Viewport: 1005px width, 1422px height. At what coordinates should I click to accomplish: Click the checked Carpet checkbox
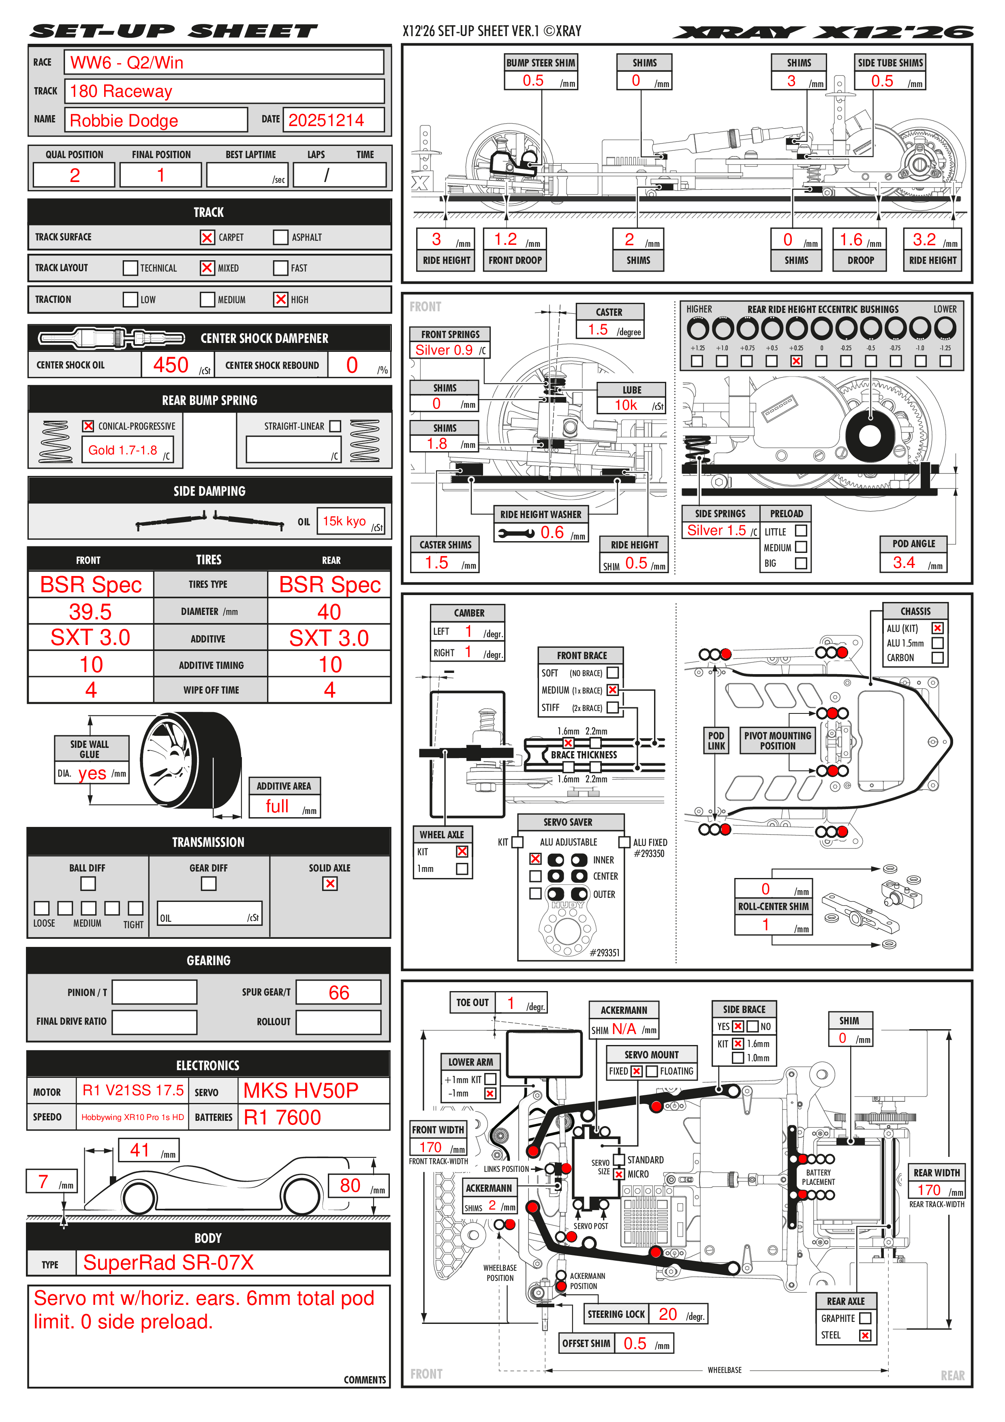[x=207, y=237]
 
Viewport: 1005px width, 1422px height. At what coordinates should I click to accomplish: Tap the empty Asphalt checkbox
[x=280, y=237]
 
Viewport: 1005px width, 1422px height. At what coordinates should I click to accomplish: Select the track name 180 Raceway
[x=121, y=92]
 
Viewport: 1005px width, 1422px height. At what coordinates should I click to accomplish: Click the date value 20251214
[x=326, y=120]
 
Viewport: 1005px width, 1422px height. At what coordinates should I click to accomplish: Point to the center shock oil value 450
[x=171, y=365]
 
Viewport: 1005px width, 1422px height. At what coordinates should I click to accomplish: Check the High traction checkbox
[x=280, y=299]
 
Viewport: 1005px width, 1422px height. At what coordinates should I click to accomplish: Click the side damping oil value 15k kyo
[x=344, y=521]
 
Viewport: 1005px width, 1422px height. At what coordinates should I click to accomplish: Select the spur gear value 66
[x=339, y=993]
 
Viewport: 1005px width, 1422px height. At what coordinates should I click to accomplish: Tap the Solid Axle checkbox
[x=330, y=884]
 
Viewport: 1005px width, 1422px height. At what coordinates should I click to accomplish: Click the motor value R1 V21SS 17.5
[x=133, y=1090]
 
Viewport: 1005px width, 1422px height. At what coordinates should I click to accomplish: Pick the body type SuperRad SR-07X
[x=169, y=1262]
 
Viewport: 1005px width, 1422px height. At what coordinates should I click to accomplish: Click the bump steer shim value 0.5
[x=533, y=81]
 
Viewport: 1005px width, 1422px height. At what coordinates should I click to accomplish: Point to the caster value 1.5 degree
[x=598, y=330]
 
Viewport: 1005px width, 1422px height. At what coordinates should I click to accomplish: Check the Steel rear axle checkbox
[x=865, y=1335]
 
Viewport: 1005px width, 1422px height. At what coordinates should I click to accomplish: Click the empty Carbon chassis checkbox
[x=937, y=658]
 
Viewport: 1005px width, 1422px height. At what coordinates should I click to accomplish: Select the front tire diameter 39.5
[x=90, y=612]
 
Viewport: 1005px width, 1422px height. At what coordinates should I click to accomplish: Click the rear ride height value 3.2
[x=924, y=240]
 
